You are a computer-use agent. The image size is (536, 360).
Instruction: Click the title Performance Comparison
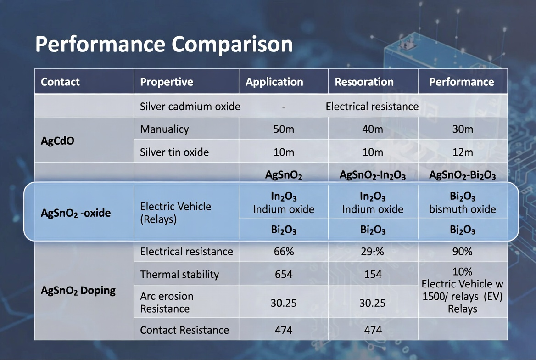tap(164, 45)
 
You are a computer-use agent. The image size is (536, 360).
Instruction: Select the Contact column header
tap(60, 82)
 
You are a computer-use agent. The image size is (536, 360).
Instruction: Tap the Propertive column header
tap(167, 82)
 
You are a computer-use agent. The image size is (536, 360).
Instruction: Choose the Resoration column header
tap(364, 82)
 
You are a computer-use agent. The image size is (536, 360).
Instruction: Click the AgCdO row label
tap(57, 141)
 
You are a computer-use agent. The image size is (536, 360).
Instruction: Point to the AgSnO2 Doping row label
tap(78, 291)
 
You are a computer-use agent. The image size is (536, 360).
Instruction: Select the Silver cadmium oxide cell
tap(190, 107)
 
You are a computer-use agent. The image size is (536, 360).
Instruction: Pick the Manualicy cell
tap(164, 129)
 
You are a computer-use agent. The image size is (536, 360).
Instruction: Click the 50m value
tap(284, 129)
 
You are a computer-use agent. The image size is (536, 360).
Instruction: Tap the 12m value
tap(463, 152)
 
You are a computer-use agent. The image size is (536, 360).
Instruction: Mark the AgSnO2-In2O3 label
tap(373, 175)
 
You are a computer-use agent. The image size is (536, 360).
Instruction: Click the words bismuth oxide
tap(463, 209)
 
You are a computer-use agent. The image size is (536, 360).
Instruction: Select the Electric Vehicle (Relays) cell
tap(175, 213)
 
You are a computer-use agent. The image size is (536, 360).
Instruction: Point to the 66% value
tap(284, 252)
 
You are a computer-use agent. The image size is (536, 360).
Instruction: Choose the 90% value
tap(463, 252)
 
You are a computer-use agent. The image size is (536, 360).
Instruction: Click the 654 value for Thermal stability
tap(284, 275)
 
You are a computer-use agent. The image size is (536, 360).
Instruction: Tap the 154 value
tap(373, 275)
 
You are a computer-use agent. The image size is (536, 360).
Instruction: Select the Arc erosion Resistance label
tap(167, 303)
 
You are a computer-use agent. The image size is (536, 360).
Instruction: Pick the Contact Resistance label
tap(184, 330)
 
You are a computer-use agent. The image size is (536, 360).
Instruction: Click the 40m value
tap(373, 129)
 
